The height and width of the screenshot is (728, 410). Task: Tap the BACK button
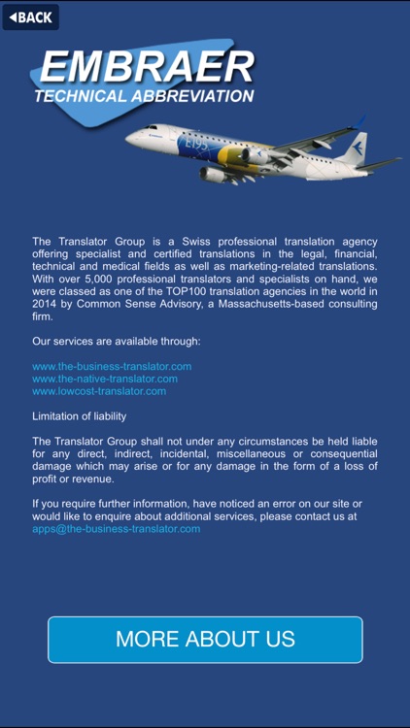pos(30,17)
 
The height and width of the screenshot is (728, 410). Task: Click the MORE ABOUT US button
pos(205,640)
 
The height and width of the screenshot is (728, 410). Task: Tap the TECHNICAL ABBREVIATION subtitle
pos(144,96)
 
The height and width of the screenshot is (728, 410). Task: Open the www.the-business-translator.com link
pos(112,366)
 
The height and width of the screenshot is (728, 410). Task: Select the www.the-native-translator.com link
pos(105,379)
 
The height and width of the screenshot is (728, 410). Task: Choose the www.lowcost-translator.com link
pos(99,391)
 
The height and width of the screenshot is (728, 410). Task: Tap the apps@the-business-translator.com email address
pos(117,529)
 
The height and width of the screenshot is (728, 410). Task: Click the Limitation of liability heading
pos(80,416)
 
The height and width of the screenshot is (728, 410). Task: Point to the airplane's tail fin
pos(355,147)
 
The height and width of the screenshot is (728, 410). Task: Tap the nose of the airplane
pos(130,136)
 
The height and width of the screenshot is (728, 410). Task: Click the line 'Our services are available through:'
pos(117,342)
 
